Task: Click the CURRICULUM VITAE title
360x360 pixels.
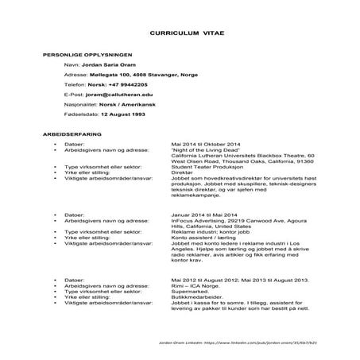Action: (179, 35)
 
